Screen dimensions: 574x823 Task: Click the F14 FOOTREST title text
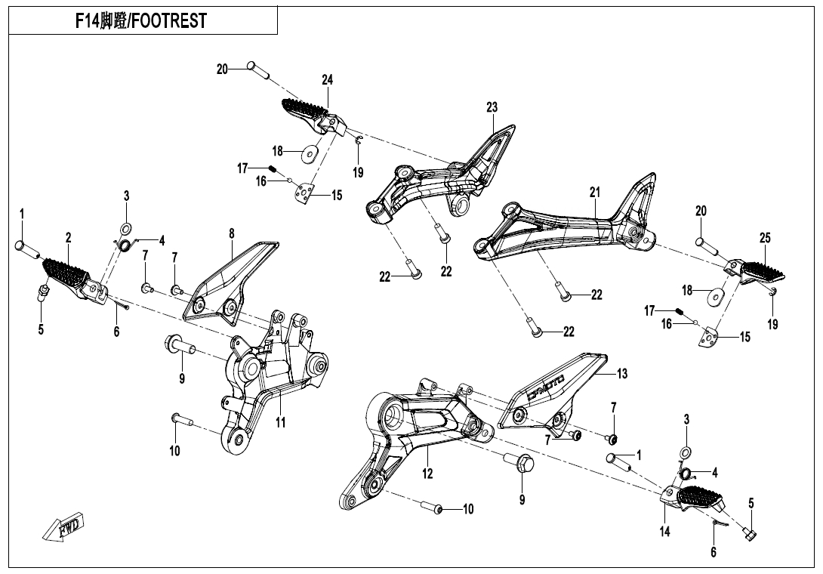[x=140, y=21]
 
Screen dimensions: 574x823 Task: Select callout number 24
[x=327, y=80]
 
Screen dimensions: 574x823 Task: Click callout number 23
[x=492, y=108]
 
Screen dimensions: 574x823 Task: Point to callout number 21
[x=595, y=193]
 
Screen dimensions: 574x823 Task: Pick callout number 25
[x=765, y=238]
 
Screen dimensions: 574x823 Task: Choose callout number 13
[x=622, y=374]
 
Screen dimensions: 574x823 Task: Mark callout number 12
[x=427, y=474]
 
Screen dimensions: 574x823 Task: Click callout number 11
[x=280, y=423]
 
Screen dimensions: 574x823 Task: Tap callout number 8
[x=232, y=234]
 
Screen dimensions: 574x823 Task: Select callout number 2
[x=68, y=237]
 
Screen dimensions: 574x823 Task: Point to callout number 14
[x=664, y=532]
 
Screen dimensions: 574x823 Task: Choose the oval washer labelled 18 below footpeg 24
[x=307, y=154]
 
